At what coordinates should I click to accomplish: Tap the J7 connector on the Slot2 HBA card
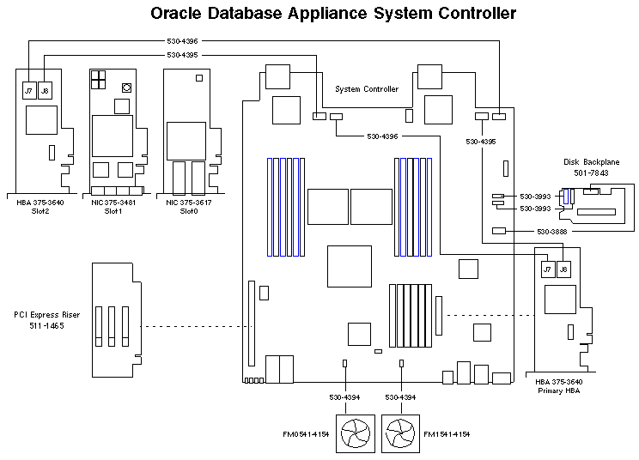pos(29,88)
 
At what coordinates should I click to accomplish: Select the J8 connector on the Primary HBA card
pos(563,269)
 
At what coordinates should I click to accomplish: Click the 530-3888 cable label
pos(552,231)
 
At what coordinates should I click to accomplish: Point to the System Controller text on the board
pos(367,89)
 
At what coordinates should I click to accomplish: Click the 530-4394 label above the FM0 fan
pos(344,397)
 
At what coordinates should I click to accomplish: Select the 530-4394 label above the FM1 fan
pos(401,397)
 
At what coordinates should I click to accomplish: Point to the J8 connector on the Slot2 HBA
pos(45,88)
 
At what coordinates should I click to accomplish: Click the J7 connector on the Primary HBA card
pos(547,269)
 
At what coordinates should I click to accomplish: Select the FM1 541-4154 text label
pos(447,434)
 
